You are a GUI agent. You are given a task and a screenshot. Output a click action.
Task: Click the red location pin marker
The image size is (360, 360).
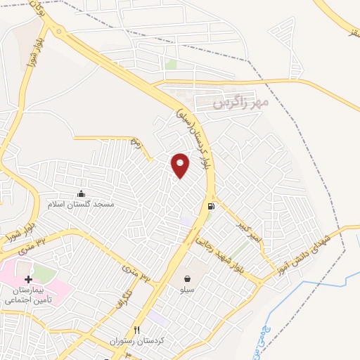(181, 165)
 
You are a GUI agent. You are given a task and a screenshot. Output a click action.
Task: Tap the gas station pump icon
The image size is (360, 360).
(210, 206)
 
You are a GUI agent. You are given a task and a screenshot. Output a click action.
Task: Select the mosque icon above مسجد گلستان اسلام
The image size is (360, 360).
(81, 193)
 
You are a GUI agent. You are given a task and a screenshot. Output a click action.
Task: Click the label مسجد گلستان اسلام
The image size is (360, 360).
(81, 204)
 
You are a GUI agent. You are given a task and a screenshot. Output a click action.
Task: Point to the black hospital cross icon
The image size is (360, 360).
(28, 279)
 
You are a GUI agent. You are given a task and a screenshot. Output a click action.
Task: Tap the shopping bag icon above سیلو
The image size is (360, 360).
(188, 278)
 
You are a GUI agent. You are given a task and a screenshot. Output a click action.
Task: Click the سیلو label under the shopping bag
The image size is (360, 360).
(188, 290)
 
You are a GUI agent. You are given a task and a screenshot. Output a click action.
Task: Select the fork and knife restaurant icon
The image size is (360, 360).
(137, 330)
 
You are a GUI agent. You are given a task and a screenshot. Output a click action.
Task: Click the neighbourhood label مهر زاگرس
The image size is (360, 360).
(241, 103)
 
